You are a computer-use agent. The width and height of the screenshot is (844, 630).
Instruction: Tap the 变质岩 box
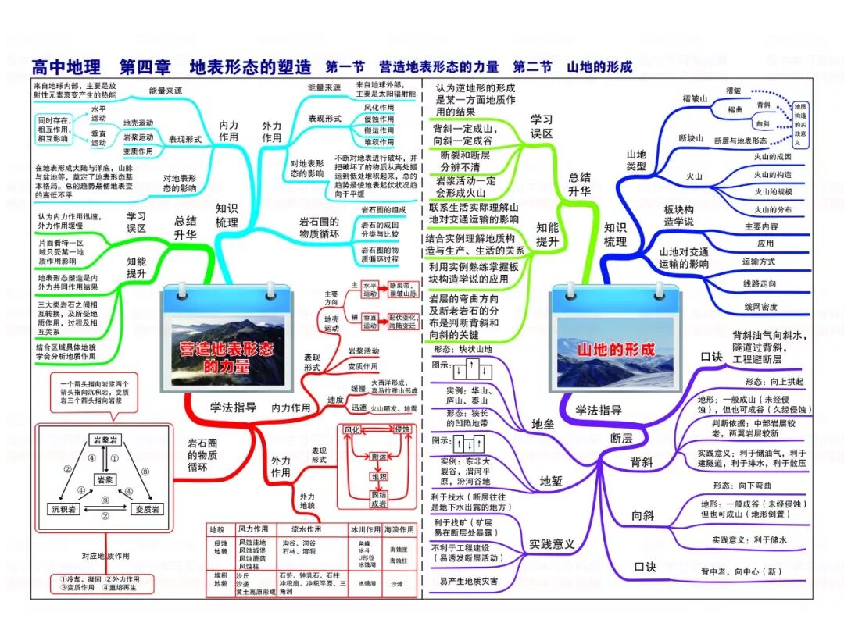pos(146,509)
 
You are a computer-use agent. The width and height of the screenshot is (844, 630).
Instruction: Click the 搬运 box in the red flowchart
pos(380,457)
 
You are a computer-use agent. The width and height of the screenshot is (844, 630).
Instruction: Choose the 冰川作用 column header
pos(363,529)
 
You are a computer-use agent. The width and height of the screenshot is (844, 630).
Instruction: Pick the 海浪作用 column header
pos(399,529)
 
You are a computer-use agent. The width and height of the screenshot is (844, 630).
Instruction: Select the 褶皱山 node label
pos(695,99)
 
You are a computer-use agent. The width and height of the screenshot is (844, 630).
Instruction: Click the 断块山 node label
pos(692,139)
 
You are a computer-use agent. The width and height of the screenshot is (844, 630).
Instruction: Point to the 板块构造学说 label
pos(679,215)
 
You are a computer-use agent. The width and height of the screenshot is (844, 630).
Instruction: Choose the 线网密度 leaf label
pos(760,307)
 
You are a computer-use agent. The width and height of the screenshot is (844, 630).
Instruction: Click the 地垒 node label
pos(542,424)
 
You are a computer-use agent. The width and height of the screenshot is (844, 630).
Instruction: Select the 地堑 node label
pos(551,481)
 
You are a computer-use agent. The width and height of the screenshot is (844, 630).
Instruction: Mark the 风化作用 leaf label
pos(379,107)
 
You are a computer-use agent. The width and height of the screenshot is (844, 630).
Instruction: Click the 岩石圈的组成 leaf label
pos(383,210)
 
